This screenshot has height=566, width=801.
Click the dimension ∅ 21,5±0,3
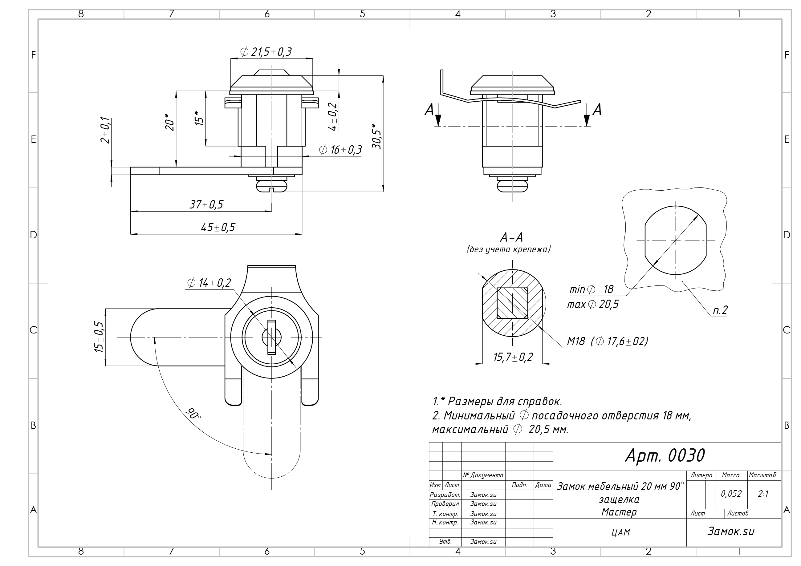click(266, 52)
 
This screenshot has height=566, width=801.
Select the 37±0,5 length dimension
click(206, 204)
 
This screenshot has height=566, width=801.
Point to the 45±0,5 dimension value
click(218, 227)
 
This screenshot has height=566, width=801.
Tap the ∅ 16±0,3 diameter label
click(340, 150)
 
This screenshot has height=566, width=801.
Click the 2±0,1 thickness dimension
click(105, 130)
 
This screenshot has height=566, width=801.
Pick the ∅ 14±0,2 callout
click(209, 283)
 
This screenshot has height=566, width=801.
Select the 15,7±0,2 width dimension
click(513, 357)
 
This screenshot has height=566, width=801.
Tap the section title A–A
click(511, 237)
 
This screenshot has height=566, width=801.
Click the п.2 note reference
click(720, 310)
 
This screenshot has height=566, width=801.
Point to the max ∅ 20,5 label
click(593, 305)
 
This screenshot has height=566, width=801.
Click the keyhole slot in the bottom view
click(271, 337)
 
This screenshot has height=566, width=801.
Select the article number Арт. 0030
click(665, 455)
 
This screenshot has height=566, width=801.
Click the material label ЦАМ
click(621, 532)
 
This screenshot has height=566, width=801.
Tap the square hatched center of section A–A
click(512, 303)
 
